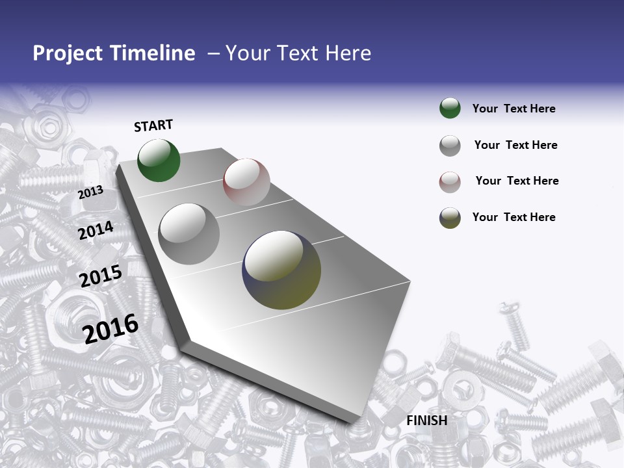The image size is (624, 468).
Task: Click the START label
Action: coord(153,125)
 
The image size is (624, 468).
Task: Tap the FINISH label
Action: coord(426,421)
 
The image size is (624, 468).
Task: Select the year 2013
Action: coord(90,192)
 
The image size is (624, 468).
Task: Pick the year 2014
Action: coord(96,231)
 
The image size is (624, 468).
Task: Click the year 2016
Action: coord(110,328)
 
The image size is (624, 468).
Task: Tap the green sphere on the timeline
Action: coord(159,161)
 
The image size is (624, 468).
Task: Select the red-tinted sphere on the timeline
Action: coord(246,182)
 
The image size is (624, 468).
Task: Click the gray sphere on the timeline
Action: coord(189,234)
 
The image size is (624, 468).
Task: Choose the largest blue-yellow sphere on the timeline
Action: coord(281,270)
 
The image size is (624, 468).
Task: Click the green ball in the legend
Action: coord(450,109)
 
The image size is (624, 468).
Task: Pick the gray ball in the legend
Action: coord(450,146)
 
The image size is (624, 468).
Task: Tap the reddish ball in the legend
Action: coord(450,182)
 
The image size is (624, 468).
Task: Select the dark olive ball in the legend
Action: coord(450,218)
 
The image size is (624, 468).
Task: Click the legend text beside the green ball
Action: coord(513,109)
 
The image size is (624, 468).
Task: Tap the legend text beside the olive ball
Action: coord(513,217)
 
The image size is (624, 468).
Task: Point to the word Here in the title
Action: coord(348,53)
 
